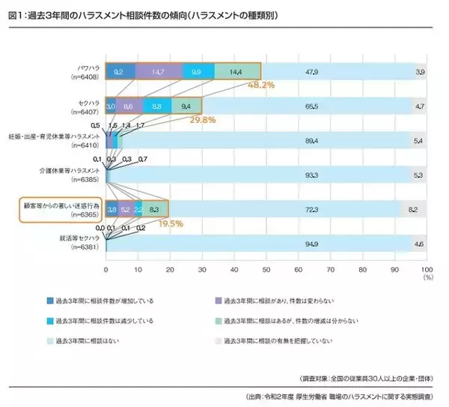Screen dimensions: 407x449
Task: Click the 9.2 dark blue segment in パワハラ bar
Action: pos(119,71)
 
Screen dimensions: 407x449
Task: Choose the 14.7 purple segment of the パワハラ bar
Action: pos(158,71)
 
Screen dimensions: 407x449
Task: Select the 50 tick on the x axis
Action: pos(266,268)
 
